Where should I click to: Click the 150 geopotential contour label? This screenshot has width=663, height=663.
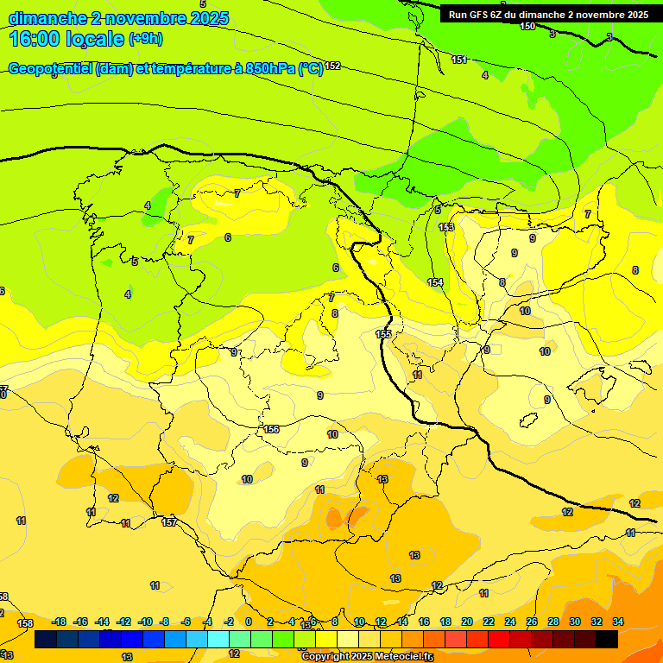tap(527, 27)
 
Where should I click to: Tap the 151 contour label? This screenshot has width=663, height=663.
tap(459, 60)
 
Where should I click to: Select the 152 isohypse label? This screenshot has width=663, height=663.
tap(332, 66)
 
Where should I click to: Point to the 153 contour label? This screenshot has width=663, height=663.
tap(446, 227)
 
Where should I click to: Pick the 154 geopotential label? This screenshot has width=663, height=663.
tap(435, 282)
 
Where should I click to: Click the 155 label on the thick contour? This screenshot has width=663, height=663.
tap(383, 334)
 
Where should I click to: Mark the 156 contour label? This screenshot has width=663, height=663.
tap(271, 429)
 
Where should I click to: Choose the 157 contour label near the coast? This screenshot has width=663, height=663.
tap(169, 522)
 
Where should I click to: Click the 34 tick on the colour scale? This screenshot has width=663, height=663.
tap(618, 622)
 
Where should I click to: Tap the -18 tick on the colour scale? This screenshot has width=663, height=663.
tap(59, 622)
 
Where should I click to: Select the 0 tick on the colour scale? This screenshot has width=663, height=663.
tap(249, 622)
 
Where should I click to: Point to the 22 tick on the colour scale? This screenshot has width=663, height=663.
tap(489, 622)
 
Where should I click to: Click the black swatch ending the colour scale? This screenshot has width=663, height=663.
tap(607, 640)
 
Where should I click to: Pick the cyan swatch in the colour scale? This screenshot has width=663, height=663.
tap(218, 640)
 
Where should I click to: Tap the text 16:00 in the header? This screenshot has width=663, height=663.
tap(35, 39)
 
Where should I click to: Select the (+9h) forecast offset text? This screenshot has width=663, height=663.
tap(145, 39)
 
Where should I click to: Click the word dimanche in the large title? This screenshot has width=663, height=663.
tap(47, 17)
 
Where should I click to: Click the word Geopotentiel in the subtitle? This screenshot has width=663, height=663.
tap(51, 69)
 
